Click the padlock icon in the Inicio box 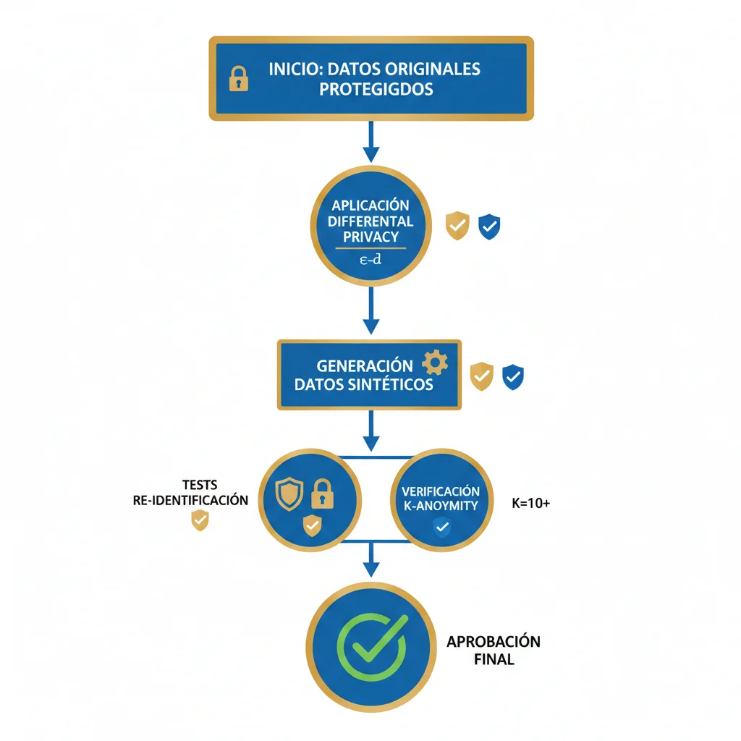coord(238,79)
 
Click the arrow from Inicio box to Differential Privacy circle coord(370,141)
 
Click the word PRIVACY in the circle coord(370,237)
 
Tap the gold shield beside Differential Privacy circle coord(457,226)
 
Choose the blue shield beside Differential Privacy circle coord(490,226)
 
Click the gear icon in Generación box coord(434,363)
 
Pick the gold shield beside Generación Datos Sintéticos coord(482,376)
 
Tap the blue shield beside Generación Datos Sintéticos coord(513,376)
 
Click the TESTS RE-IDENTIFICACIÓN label coord(191,493)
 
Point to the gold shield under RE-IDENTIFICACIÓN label coord(199,520)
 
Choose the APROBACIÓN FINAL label coord(493,651)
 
